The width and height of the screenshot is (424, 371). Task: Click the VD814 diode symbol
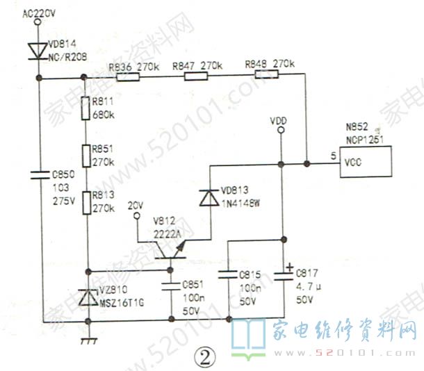37,50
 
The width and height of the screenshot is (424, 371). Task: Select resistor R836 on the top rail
127,79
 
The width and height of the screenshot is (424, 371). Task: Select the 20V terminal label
136,206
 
